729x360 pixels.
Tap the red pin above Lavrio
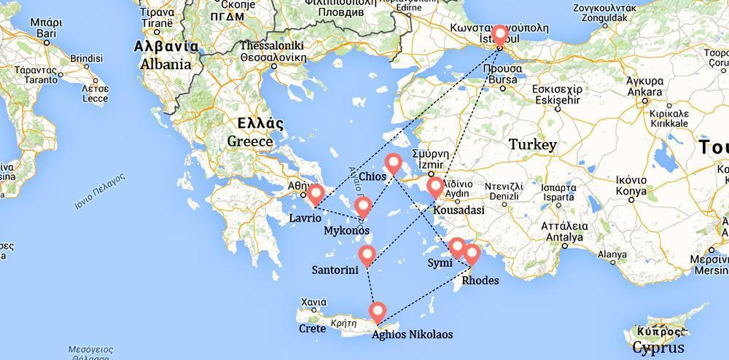[x=316, y=194]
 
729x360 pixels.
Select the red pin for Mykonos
[x=363, y=208]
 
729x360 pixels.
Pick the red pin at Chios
[x=394, y=164]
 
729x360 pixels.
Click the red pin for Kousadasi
[x=435, y=187]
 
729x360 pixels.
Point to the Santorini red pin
[x=367, y=255]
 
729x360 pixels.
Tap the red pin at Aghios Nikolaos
[x=377, y=312]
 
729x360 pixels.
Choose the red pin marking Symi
[x=456, y=247]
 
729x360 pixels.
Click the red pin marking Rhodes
[x=472, y=254]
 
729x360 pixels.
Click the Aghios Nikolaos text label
[x=412, y=335]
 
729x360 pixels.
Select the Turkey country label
[x=532, y=144]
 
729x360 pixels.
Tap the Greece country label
[x=249, y=141]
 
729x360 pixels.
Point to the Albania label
[x=166, y=64]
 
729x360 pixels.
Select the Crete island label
[x=312, y=328]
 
